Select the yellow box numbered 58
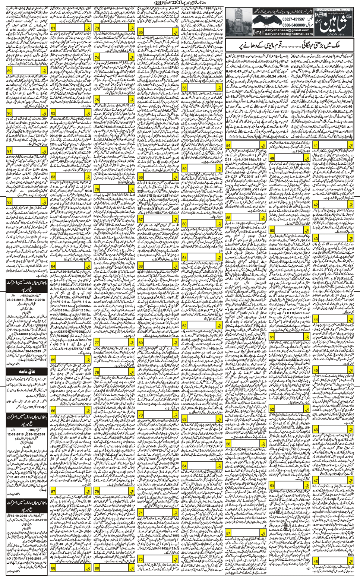(184, 88)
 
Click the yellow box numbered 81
(53, 29)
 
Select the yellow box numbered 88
(53, 568)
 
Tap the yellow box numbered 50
(272, 231)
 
